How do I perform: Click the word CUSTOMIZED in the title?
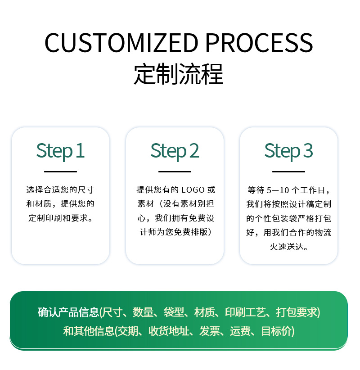click(x=121, y=43)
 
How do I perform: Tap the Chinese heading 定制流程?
click(x=179, y=74)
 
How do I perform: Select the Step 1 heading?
click(x=60, y=151)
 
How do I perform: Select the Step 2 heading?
click(x=175, y=151)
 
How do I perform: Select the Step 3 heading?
click(x=288, y=151)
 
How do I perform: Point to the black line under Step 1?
click(x=60, y=171)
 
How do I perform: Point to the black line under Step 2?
click(x=175, y=171)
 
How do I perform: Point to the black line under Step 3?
click(x=288, y=171)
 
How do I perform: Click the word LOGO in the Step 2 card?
click(x=193, y=190)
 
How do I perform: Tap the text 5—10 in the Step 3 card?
click(x=278, y=190)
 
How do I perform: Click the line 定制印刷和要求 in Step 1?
click(x=60, y=218)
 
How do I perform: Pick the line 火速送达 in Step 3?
click(x=288, y=247)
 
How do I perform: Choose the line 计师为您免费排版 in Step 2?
click(x=175, y=233)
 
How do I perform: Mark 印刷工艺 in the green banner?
click(x=245, y=312)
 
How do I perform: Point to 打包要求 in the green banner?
click(x=297, y=312)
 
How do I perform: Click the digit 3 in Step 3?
click(x=308, y=151)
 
